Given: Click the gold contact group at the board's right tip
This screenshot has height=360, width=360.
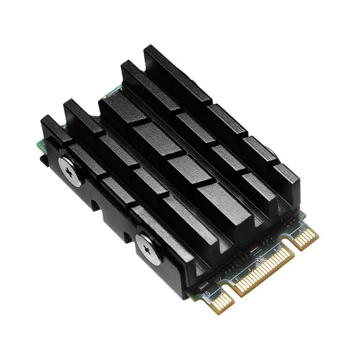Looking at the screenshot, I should tap(307, 238).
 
